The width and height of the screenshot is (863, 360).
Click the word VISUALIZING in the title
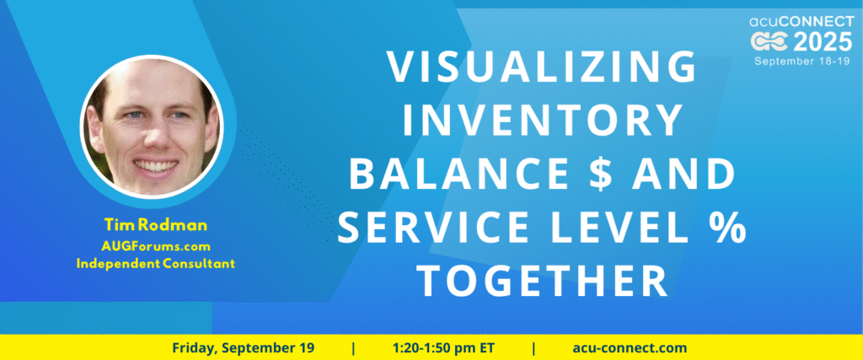click(x=542, y=67)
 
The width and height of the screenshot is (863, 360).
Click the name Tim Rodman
click(x=155, y=224)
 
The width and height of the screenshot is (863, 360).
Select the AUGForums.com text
click(x=156, y=245)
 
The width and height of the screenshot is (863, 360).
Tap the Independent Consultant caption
click(x=156, y=264)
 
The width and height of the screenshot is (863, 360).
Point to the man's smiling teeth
click(x=155, y=165)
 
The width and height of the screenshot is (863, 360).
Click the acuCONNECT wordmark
click(x=801, y=21)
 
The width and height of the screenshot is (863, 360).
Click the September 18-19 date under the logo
click(x=803, y=61)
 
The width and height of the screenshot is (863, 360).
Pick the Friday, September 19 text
click(x=244, y=348)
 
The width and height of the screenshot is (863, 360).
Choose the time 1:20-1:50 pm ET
click(x=443, y=348)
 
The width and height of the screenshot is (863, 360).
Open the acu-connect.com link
click(x=630, y=348)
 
